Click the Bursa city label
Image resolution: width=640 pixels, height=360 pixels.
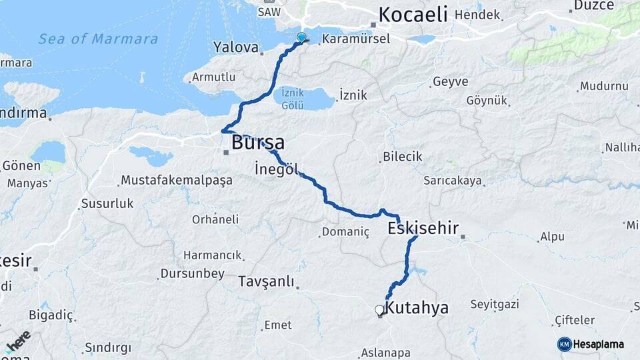(258, 142)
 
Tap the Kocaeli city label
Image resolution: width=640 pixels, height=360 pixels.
(413, 15)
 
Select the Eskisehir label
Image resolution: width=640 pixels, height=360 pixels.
(423, 229)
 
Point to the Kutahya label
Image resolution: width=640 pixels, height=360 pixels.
(417, 308)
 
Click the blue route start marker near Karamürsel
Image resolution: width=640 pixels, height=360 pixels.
(301, 38)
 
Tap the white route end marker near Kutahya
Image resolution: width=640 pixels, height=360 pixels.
(379, 309)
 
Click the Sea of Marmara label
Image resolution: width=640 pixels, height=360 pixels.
(98, 39)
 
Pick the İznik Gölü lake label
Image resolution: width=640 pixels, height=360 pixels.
(293, 99)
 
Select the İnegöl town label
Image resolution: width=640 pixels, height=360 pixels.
(276, 169)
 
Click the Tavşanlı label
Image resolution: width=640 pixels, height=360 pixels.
(266, 281)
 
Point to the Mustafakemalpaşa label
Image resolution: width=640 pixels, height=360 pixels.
(176, 180)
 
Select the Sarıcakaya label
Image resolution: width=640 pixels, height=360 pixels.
(453, 180)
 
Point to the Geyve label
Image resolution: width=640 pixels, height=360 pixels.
(450, 82)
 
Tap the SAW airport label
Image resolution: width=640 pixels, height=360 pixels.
(269, 12)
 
